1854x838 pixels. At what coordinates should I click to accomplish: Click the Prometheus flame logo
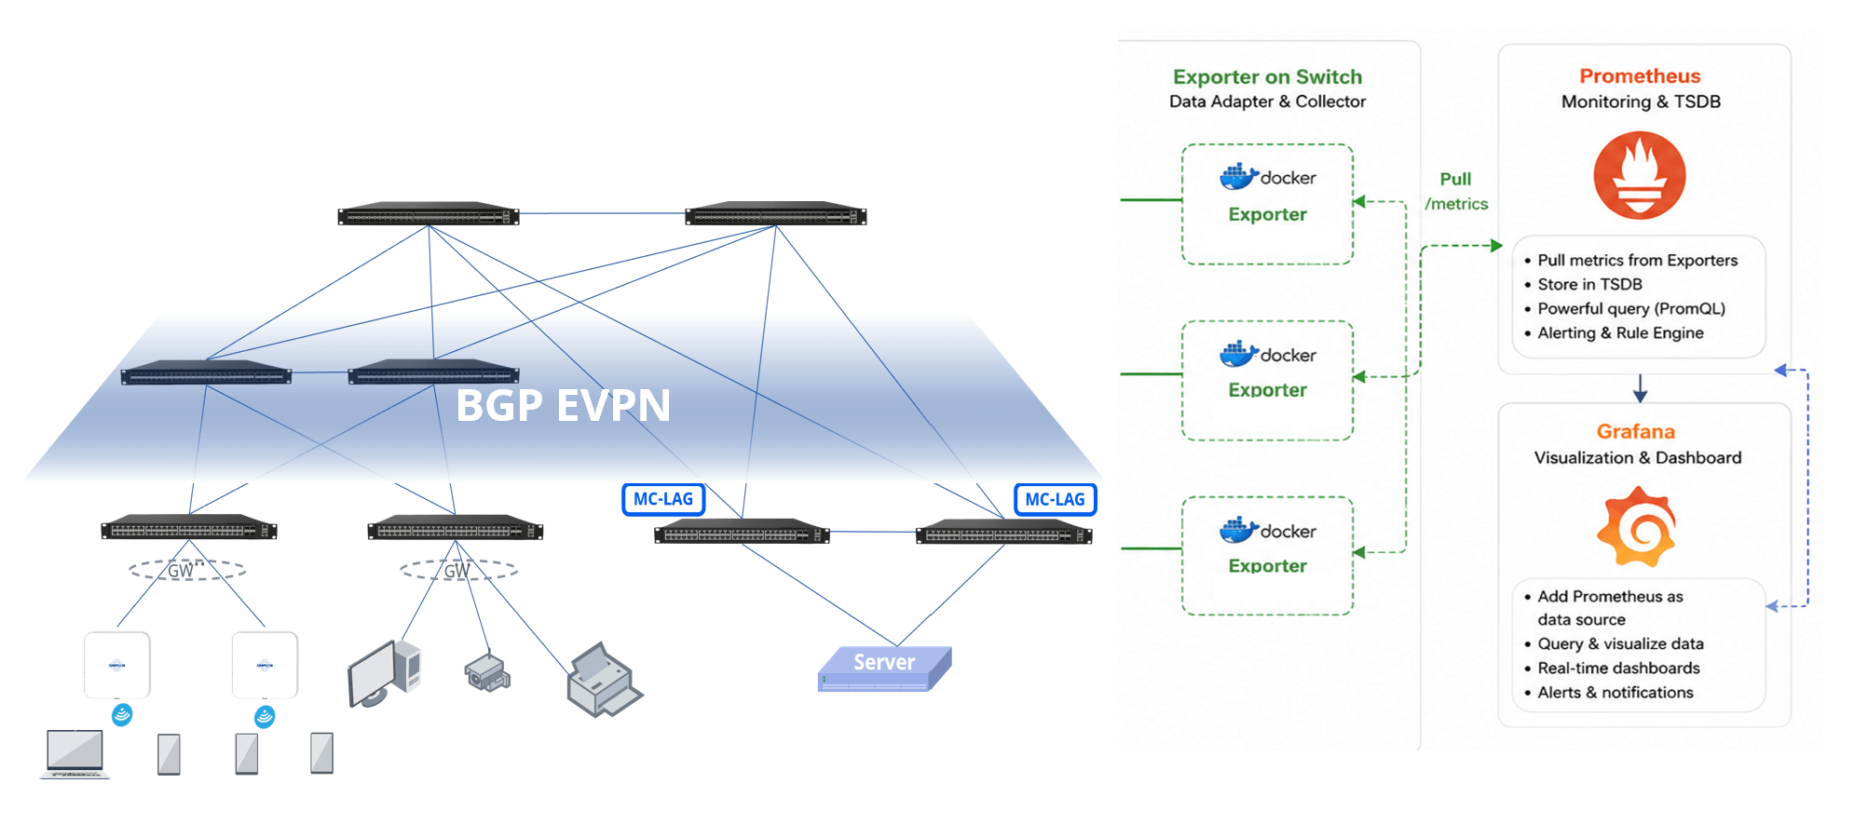(x=1639, y=175)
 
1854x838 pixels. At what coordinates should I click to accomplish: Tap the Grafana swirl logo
(x=1637, y=526)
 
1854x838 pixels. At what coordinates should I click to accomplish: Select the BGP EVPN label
(x=563, y=405)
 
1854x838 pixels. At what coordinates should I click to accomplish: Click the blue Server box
(x=884, y=668)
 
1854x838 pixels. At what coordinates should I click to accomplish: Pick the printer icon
(x=604, y=680)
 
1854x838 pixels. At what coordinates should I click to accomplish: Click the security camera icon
(x=487, y=670)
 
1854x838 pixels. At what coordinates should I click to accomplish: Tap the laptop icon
(x=75, y=754)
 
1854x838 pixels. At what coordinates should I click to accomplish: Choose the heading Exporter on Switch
(x=1267, y=77)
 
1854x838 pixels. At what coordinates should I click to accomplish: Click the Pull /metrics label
(x=1456, y=191)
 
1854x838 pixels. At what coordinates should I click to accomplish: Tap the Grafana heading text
(x=1636, y=431)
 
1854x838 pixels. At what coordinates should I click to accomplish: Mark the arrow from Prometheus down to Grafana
(x=1641, y=388)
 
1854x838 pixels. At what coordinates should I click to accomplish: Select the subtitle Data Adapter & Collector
(x=1267, y=101)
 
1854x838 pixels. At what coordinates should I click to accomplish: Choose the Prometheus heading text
(x=1640, y=76)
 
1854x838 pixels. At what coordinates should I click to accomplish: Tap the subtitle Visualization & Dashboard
(x=1638, y=457)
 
